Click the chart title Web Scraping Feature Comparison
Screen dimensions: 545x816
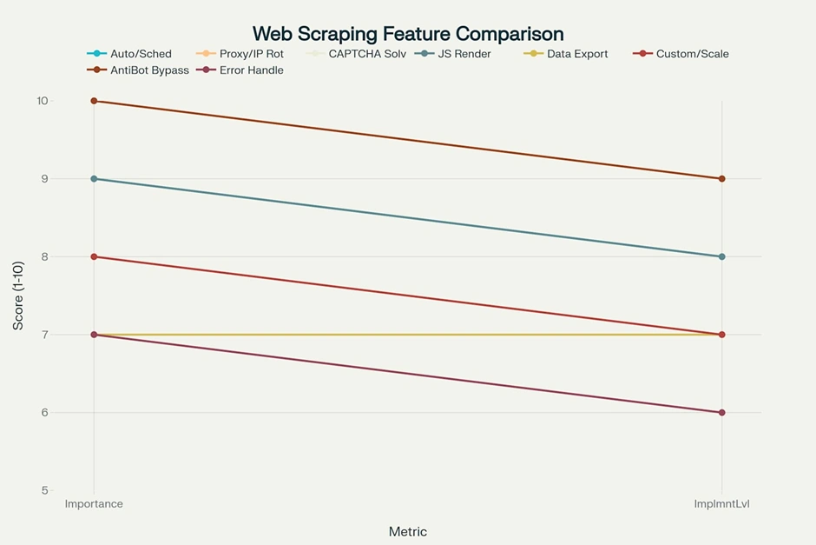pyautogui.click(x=408, y=34)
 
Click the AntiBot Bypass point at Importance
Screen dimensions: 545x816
pyautogui.click(x=94, y=101)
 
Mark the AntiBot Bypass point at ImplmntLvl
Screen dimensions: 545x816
pyautogui.click(x=721, y=179)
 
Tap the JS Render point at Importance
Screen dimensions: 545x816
pyautogui.click(x=94, y=179)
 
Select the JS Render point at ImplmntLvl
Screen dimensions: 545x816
pyautogui.click(x=721, y=256)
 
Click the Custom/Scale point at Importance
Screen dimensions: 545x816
pyautogui.click(x=94, y=256)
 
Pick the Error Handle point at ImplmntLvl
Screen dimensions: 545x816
pyautogui.click(x=721, y=413)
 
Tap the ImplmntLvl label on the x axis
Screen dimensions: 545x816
pyautogui.click(x=721, y=504)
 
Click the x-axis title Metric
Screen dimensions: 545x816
pyautogui.click(x=407, y=531)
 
